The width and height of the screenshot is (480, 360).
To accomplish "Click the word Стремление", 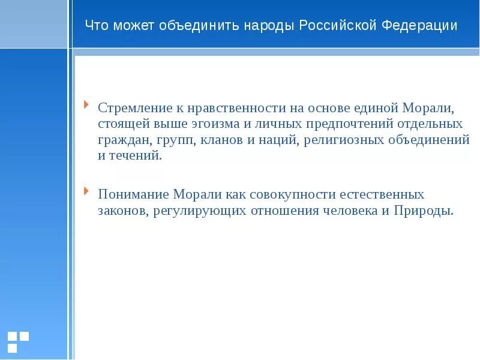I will click(133, 108).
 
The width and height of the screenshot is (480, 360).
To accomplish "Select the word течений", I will click(138, 155).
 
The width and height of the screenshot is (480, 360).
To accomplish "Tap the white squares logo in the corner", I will click(18, 341).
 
